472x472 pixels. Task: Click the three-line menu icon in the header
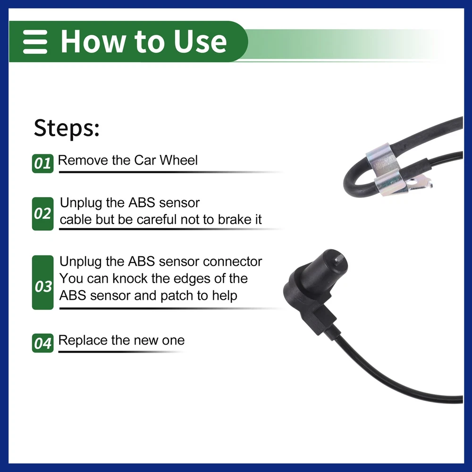click(x=35, y=42)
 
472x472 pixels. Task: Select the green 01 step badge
click(x=43, y=163)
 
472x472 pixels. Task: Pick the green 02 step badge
click(x=43, y=214)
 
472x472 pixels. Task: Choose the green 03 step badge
click(x=43, y=282)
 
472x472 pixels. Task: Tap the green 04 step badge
click(x=43, y=343)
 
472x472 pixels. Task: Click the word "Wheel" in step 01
click(x=178, y=160)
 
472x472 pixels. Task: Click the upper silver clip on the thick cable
click(x=382, y=160)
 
